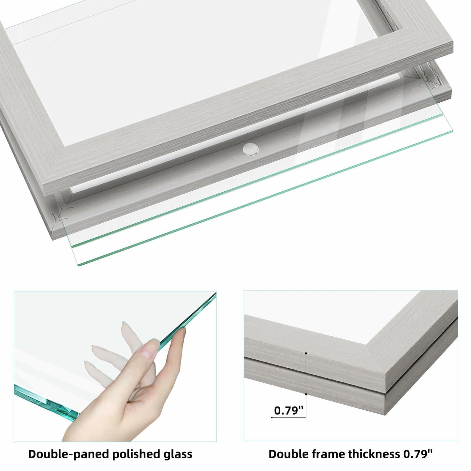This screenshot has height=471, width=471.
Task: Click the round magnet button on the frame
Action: (251, 150)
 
